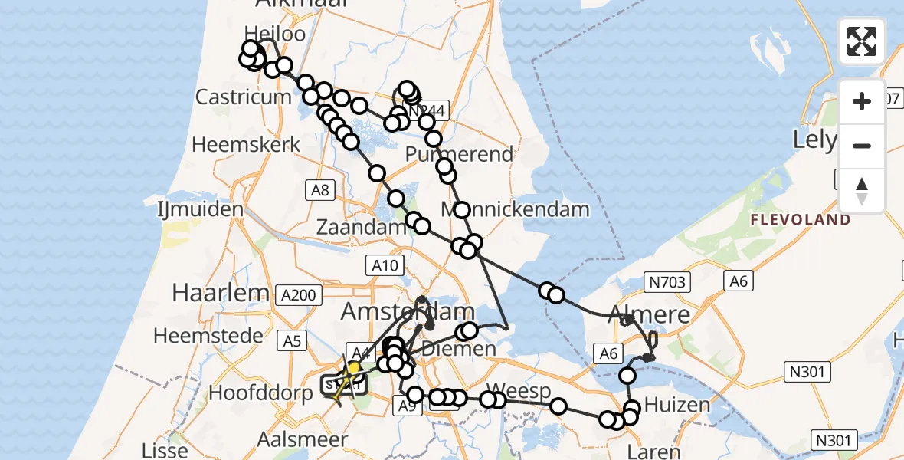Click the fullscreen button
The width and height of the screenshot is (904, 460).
pyautogui.click(x=862, y=41)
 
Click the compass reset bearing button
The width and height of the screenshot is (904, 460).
pyautogui.click(x=862, y=190)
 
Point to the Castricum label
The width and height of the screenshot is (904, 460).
pyautogui.click(x=243, y=97)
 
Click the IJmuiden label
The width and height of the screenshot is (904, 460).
pyautogui.click(x=189, y=209)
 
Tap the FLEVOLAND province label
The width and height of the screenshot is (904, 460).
pyautogui.click(x=800, y=220)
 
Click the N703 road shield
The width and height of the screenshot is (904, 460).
pyautogui.click(x=670, y=282)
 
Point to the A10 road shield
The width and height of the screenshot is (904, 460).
pyautogui.click(x=385, y=266)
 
